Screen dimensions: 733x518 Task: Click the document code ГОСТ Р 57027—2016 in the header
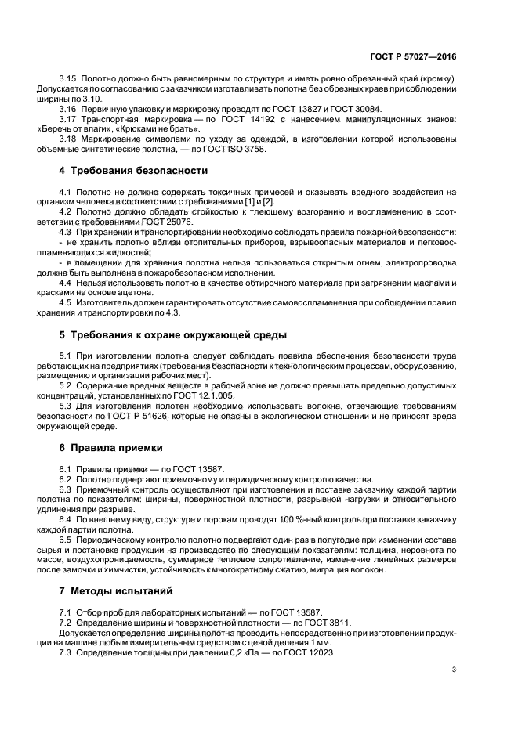414,58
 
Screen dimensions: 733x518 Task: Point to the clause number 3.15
69,79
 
